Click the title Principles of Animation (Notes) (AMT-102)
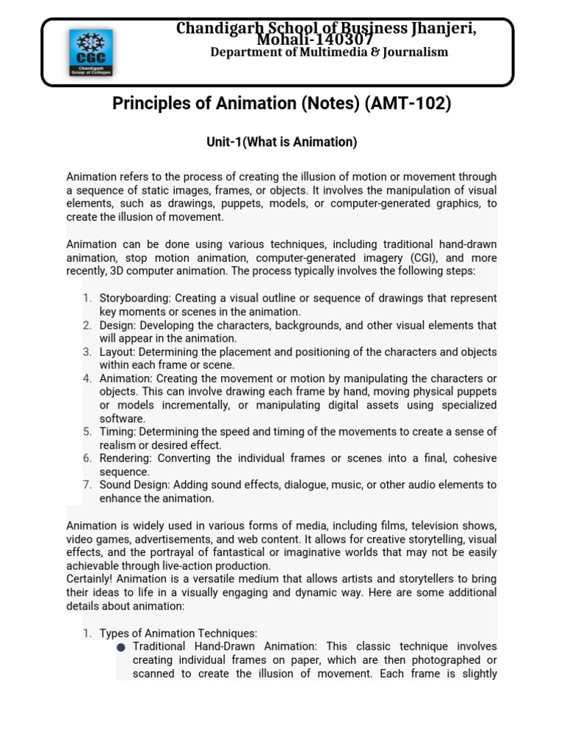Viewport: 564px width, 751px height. point(281,104)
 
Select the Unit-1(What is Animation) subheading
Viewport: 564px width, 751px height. point(281,142)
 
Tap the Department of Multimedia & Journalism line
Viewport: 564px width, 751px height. point(329,52)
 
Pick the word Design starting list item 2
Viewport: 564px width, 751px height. point(116,325)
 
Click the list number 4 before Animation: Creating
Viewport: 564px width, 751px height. point(87,378)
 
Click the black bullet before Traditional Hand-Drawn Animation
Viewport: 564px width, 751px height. point(120,648)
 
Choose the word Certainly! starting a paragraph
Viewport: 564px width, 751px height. point(92,579)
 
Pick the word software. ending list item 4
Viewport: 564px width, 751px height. point(123,419)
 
